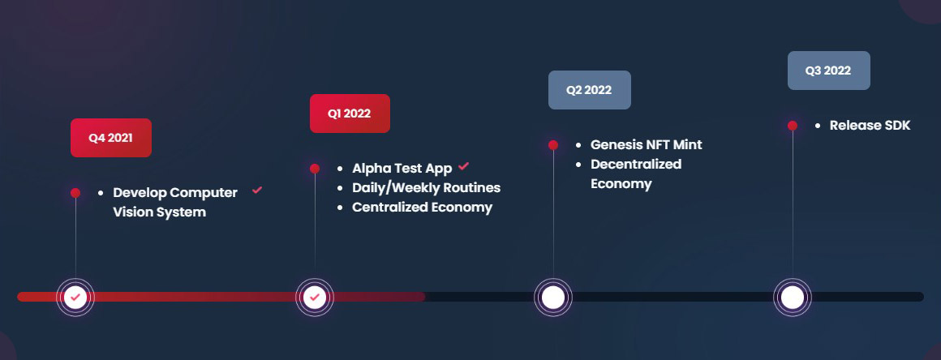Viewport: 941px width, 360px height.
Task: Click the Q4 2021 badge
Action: click(x=111, y=137)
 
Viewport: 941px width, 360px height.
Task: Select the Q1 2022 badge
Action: click(x=350, y=114)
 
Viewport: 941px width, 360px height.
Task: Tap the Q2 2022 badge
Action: click(x=589, y=90)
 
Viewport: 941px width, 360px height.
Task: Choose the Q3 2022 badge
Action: click(x=829, y=71)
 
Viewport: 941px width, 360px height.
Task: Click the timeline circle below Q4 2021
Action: click(x=75, y=297)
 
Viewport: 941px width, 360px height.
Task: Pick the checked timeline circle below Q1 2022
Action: click(x=315, y=297)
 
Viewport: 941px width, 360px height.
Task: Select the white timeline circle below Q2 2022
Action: click(x=553, y=297)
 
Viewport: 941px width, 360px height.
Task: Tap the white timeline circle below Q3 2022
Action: click(x=793, y=297)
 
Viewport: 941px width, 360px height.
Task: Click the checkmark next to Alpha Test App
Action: click(x=463, y=166)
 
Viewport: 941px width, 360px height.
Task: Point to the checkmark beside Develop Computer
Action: click(x=257, y=191)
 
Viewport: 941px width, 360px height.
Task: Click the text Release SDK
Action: click(x=870, y=126)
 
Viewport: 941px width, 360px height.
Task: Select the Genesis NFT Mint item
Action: click(x=647, y=144)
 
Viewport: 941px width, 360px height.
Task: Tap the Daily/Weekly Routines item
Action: click(x=426, y=188)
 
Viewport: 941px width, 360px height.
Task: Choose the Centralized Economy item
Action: click(x=422, y=208)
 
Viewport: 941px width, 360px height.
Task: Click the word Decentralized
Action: click(x=636, y=165)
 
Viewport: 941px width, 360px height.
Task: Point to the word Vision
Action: click(x=132, y=212)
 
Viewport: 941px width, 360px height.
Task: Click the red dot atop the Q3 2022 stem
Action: click(x=793, y=126)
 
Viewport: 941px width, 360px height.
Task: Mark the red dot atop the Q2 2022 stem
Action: click(x=553, y=145)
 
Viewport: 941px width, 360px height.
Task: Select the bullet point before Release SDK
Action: click(x=818, y=126)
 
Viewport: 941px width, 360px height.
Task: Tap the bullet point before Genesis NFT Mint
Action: click(x=578, y=145)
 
